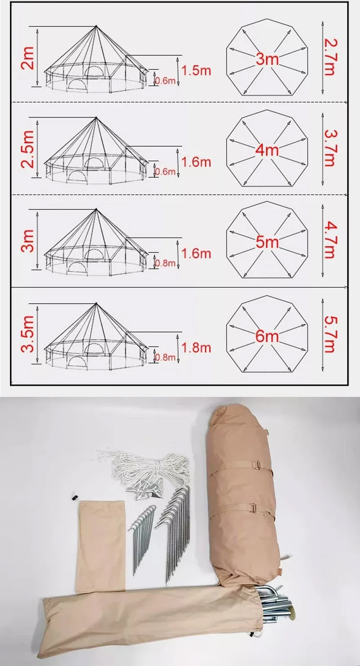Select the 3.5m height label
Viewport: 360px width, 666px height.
pos(28,333)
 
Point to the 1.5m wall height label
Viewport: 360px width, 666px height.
pos(196,70)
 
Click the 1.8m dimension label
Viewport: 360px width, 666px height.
pos(196,347)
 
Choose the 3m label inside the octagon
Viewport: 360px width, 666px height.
pos(267,58)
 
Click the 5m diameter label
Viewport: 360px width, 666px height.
pos(267,243)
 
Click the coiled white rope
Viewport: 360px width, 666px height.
pos(144,463)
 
